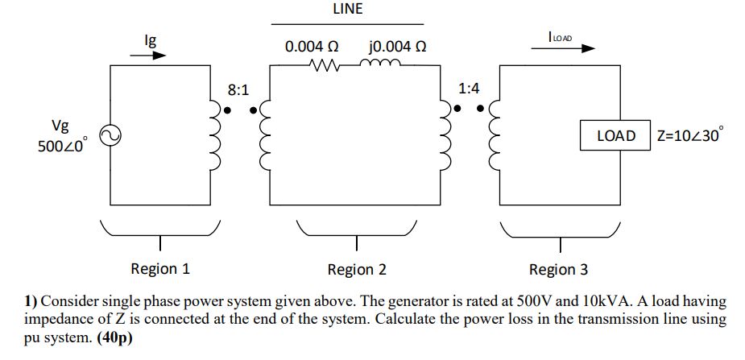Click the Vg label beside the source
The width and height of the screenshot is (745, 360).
click(60, 126)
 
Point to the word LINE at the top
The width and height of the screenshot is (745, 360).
click(347, 10)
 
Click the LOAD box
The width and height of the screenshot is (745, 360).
click(615, 136)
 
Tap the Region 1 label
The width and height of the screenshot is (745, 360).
click(160, 269)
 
